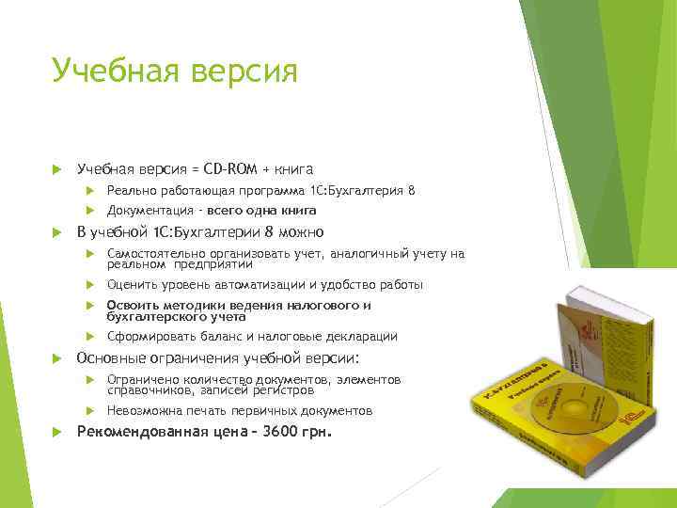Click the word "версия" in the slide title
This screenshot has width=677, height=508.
[246, 71]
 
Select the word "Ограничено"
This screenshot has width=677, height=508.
[142, 379]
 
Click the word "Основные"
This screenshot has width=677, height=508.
[109, 357]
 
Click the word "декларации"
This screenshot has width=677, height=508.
[363, 336]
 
